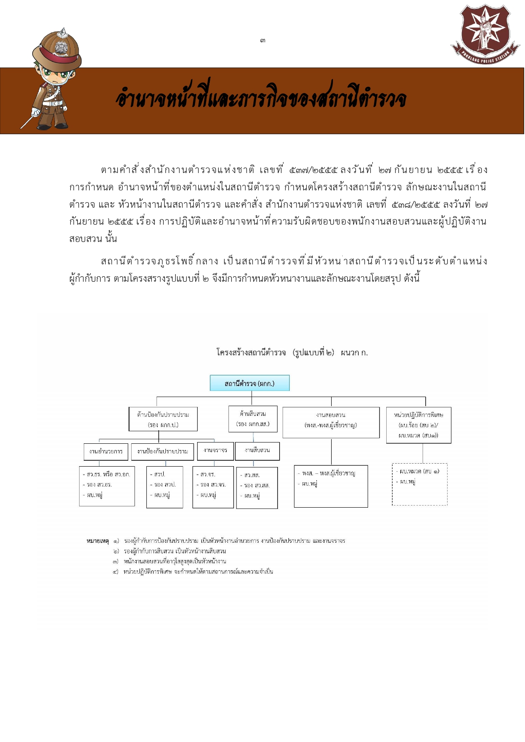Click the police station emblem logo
(x=485, y=33)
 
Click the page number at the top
(x=263, y=41)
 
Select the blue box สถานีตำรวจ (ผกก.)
(x=250, y=383)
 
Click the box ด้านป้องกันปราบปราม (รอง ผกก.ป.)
(x=163, y=419)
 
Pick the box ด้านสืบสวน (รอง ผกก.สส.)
(x=253, y=419)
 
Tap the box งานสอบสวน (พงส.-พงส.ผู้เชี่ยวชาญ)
(x=331, y=422)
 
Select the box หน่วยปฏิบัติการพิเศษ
(x=418, y=425)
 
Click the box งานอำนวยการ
(x=106, y=451)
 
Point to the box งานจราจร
(x=215, y=451)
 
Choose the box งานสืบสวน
(x=257, y=451)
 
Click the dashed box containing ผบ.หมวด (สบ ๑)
(x=420, y=484)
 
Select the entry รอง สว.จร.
(x=213, y=484)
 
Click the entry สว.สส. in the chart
(x=252, y=475)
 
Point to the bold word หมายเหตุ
(x=98, y=541)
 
